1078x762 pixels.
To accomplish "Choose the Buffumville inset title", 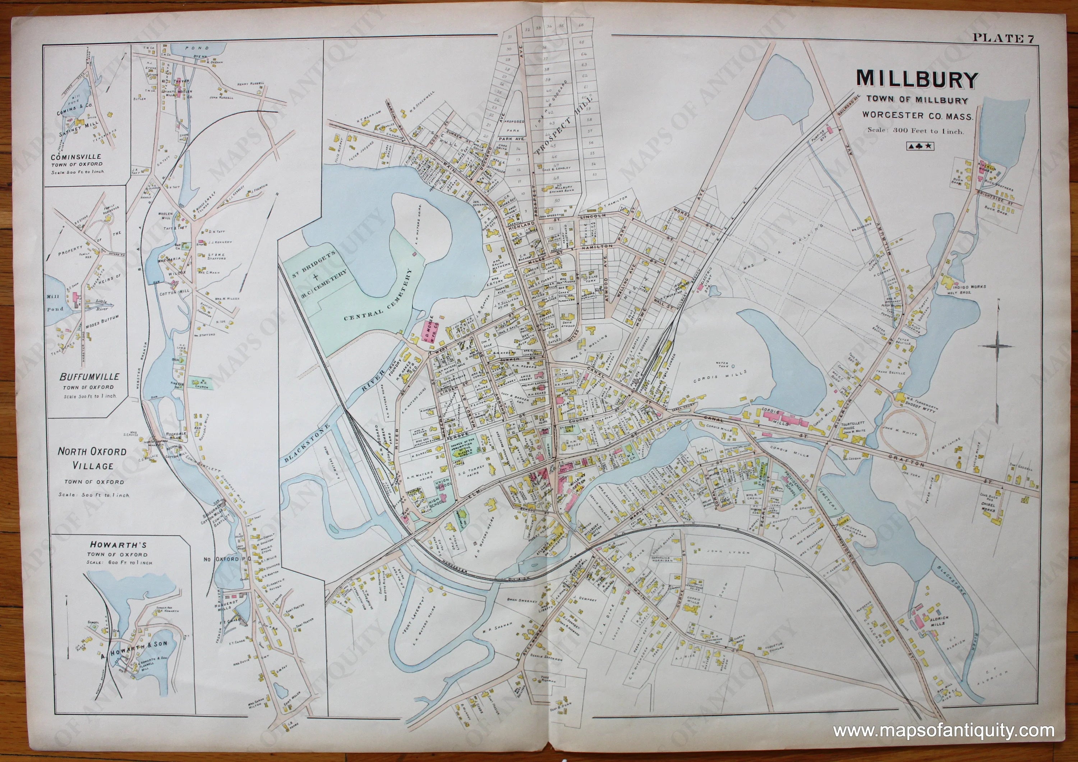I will [89, 377].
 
